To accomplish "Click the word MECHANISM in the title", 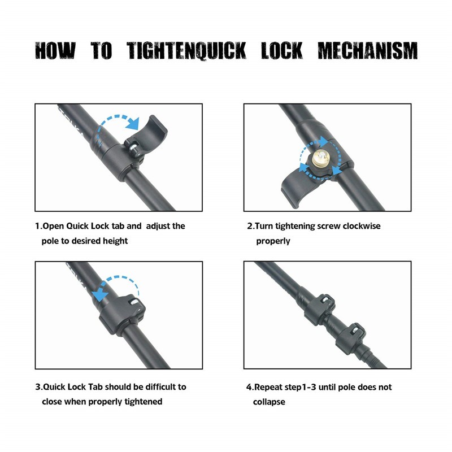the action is (368, 51).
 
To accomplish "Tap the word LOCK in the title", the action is (282, 51).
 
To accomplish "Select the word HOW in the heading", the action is (55, 51).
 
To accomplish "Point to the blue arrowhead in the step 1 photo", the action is (133, 123).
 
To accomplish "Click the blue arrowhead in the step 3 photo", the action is (99, 294).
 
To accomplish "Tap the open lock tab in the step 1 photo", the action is (147, 136).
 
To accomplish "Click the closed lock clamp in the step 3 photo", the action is (123, 314).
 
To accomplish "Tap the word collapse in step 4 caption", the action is (269, 402).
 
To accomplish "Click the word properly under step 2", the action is (273, 241).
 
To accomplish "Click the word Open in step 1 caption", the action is (53, 227).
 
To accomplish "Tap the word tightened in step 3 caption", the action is (144, 402).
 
